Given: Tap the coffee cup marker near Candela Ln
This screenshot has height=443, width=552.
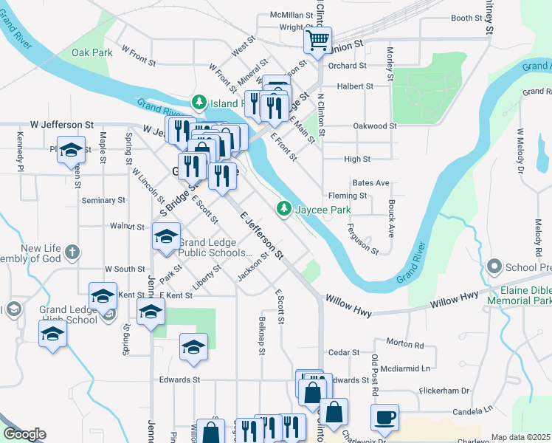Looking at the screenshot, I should tap(384, 417).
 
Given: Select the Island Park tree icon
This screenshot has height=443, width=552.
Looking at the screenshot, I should tap(198, 103).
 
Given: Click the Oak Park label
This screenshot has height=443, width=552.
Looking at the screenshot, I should tap(92, 52).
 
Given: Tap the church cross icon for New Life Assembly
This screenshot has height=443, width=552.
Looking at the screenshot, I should tap(72, 253).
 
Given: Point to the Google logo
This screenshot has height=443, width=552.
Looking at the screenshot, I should tap(24, 434).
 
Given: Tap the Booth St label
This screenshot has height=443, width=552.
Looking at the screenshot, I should tap(466, 18).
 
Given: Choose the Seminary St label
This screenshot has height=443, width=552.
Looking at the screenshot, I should tap(103, 200).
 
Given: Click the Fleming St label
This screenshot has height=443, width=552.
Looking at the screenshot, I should tap(348, 196).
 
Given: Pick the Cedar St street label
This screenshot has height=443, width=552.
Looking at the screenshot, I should tap(343, 353).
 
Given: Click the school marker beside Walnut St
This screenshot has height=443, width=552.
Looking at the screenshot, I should tap(166, 236).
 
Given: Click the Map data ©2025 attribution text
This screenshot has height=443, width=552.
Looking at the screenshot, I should tap(521, 437).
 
